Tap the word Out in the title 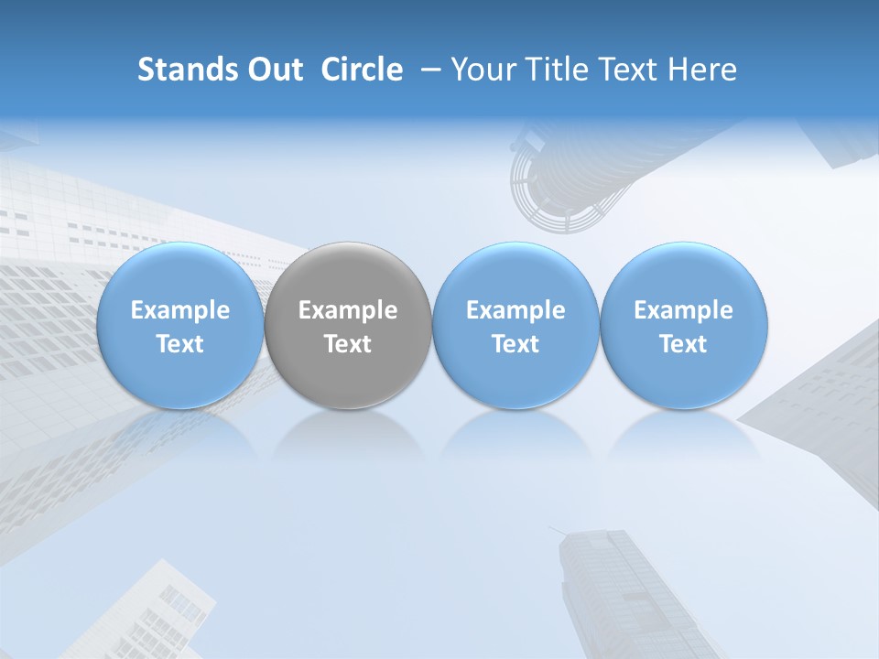pyautogui.click(x=274, y=70)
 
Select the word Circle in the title pyautogui.click(x=362, y=70)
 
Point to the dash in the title pyautogui.click(x=427, y=70)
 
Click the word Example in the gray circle pyautogui.click(x=348, y=311)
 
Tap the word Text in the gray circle pyautogui.click(x=348, y=345)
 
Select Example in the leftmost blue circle pyautogui.click(x=180, y=311)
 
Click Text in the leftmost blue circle pyautogui.click(x=180, y=345)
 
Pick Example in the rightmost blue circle pyautogui.click(x=684, y=311)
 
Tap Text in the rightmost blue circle pyautogui.click(x=684, y=345)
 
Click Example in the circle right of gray pyautogui.click(x=515, y=311)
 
